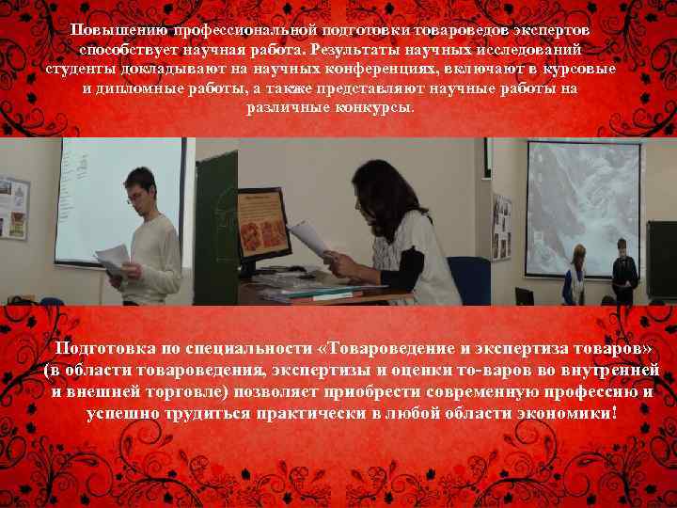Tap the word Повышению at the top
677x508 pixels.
(119, 29)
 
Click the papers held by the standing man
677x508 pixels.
(114, 256)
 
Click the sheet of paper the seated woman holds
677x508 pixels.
(309, 237)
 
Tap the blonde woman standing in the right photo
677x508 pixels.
(575, 273)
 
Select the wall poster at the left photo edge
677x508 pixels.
(13, 207)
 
